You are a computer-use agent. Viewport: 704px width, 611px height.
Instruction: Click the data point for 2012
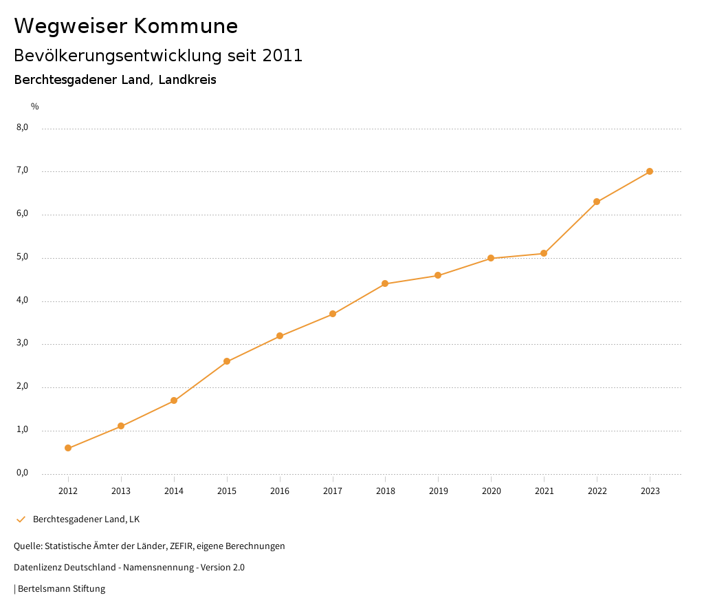(x=68, y=448)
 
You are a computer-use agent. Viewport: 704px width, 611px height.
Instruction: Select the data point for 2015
(x=227, y=361)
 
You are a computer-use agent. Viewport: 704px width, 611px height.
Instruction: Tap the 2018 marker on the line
(x=385, y=283)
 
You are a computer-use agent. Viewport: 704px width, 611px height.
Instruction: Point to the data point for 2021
(x=544, y=253)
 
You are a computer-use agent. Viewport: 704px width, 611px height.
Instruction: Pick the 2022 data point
(x=597, y=202)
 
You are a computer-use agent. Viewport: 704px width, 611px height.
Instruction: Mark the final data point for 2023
(x=650, y=171)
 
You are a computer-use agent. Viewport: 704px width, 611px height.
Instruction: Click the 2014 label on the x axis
(x=174, y=491)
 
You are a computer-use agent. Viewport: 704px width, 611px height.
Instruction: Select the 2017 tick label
(x=333, y=491)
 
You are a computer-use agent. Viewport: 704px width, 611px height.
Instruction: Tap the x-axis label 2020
(x=491, y=491)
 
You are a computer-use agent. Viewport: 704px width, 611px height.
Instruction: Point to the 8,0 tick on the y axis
(x=22, y=127)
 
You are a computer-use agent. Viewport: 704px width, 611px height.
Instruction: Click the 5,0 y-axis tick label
(x=22, y=257)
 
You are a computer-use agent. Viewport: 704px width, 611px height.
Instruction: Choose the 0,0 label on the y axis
(x=22, y=473)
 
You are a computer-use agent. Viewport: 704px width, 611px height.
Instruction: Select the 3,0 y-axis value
(x=22, y=343)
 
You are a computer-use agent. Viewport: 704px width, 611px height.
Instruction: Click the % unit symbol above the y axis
(x=35, y=106)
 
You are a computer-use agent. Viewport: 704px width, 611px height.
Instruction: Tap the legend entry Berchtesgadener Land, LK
(x=86, y=519)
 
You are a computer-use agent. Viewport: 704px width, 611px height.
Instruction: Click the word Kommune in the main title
(x=186, y=26)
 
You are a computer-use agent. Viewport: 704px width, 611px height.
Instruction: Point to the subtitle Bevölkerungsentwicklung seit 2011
(x=158, y=56)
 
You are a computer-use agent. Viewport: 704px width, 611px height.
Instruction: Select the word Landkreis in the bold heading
(x=187, y=80)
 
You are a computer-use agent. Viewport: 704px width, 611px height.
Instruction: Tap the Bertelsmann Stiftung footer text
(x=61, y=588)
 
